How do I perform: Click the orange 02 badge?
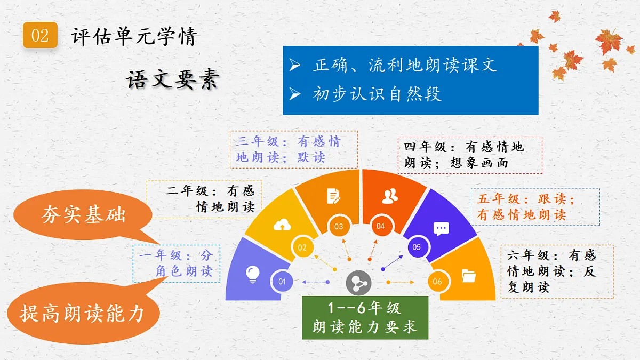(40, 36)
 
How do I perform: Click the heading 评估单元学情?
(134, 36)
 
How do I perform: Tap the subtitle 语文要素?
(173, 80)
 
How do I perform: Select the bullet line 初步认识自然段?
(377, 94)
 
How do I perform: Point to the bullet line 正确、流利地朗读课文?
(404, 65)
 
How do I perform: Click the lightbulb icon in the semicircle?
(252, 274)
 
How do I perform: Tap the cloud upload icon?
(282, 225)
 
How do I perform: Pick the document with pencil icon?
(334, 196)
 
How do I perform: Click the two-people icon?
(390, 196)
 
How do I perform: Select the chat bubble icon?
(441, 229)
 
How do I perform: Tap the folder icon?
(468, 275)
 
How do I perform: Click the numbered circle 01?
(283, 282)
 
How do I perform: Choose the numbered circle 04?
(380, 226)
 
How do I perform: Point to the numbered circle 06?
(437, 282)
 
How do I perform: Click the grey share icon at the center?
(358, 283)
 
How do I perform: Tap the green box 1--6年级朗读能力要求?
(365, 318)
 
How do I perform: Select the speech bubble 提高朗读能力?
(83, 313)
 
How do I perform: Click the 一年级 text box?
(176, 263)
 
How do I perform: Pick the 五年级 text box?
(535, 207)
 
